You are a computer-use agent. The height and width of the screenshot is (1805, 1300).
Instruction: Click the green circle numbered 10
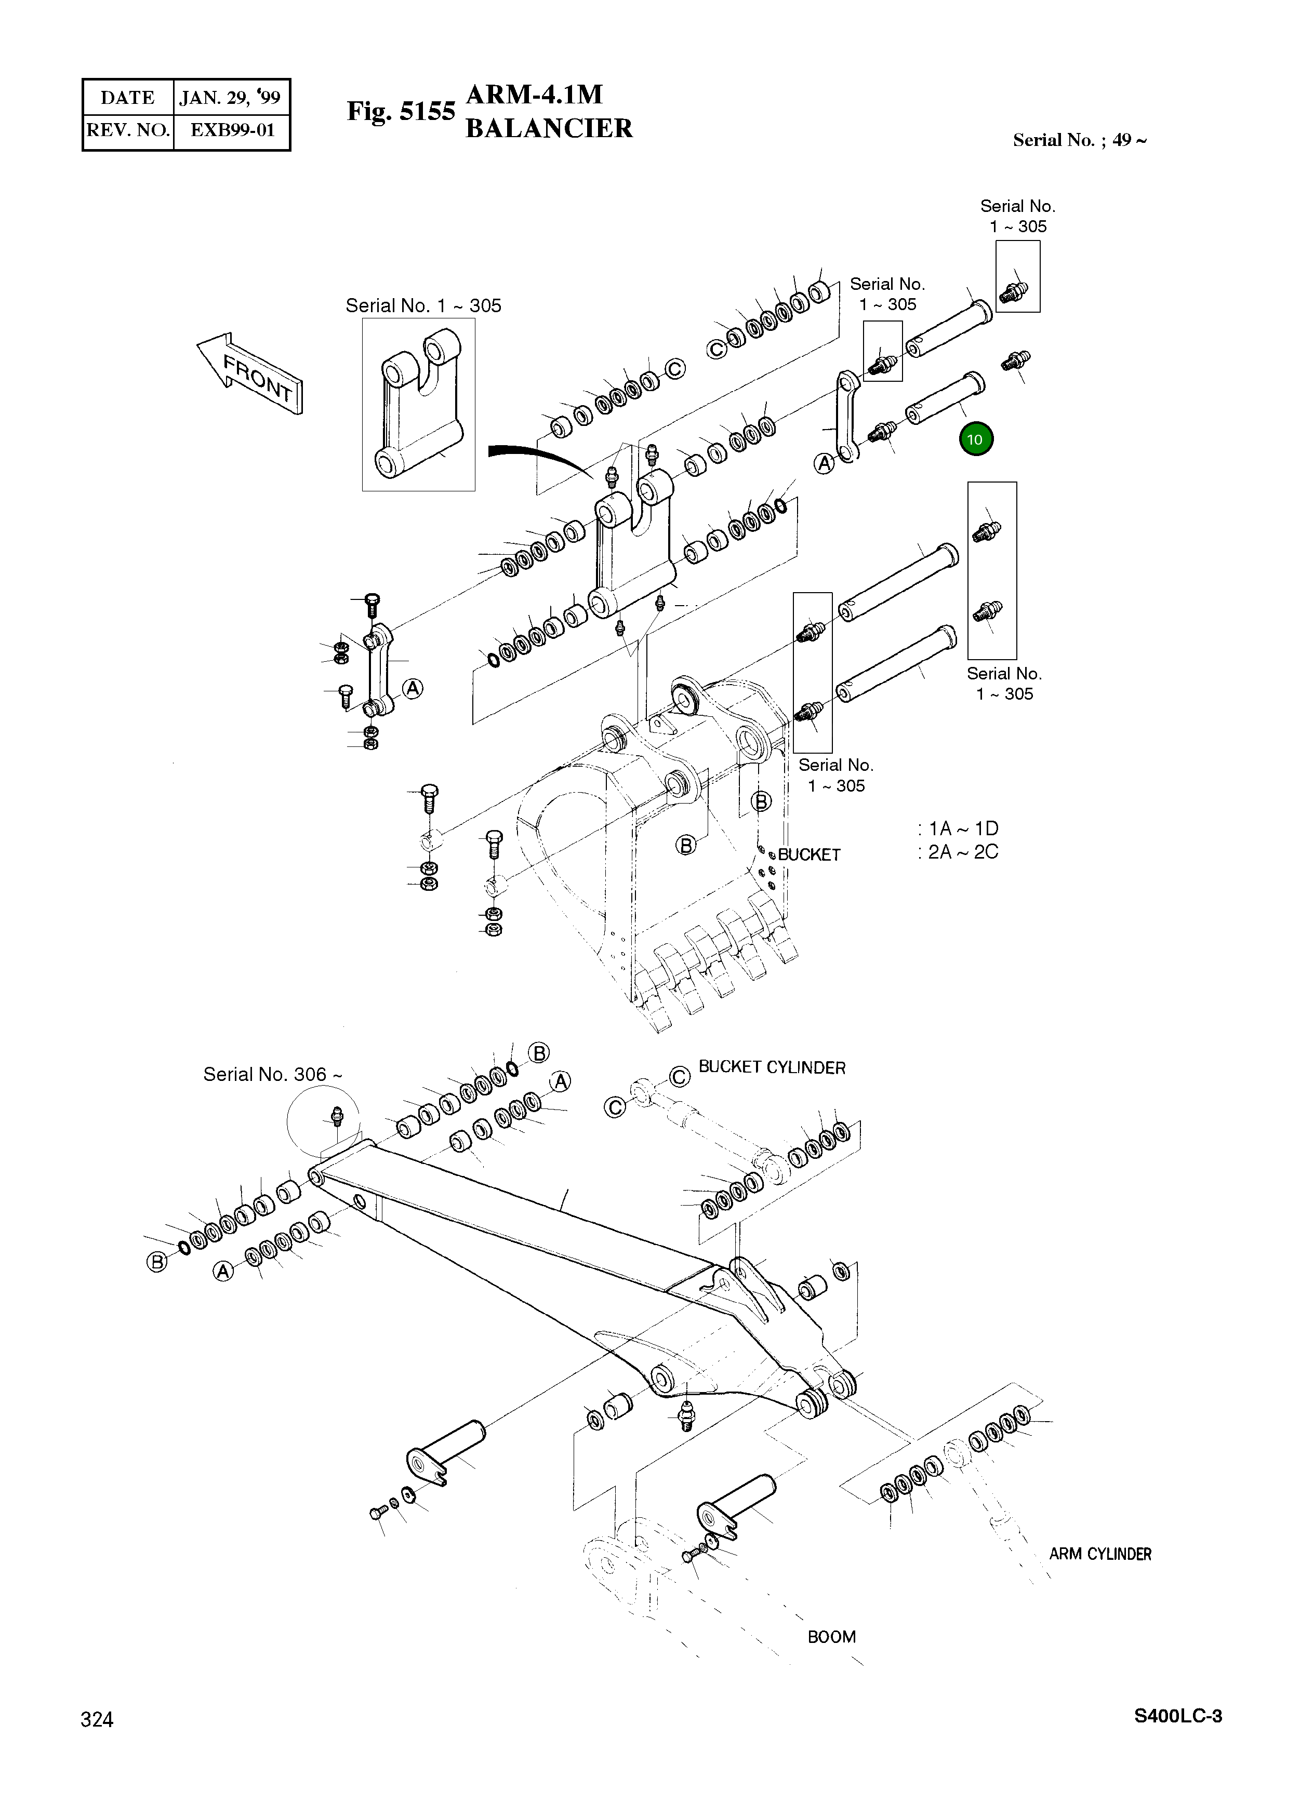pyautogui.click(x=975, y=439)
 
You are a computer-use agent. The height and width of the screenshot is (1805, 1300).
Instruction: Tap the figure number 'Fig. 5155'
pyautogui.click(x=401, y=112)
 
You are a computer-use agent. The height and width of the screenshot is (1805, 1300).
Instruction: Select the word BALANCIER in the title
pyautogui.click(x=549, y=128)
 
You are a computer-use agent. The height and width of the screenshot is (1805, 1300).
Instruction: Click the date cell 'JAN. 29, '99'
pyautogui.click(x=230, y=98)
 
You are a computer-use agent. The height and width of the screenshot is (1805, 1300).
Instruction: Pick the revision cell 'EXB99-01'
pyautogui.click(x=232, y=130)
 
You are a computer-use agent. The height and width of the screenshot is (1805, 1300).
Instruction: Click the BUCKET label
pyautogui.click(x=809, y=855)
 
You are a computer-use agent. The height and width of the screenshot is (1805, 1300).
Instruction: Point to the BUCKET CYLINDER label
pyautogui.click(x=772, y=1067)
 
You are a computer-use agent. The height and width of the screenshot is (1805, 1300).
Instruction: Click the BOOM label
pyautogui.click(x=831, y=1637)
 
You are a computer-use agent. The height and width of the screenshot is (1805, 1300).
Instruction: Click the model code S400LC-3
pyautogui.click(x=1177, y=1716)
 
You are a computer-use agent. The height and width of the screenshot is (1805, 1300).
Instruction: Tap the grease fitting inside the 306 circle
pyautogui.click(x=336, y=1115)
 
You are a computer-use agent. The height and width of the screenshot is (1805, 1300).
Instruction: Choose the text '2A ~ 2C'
pyautogui.click(x=962, y=852)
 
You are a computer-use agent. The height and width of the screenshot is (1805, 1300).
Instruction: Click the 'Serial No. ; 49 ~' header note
pyautogui.click(x=1080, y=140)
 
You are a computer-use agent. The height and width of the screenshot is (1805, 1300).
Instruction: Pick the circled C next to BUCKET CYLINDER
pyautogui.click(x=679, y=1076)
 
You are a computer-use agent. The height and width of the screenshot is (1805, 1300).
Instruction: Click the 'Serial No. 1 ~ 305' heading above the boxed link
pyautogui.click(x=423, y=305)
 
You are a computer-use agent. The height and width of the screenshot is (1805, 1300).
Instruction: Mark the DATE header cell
pyautogui.click(x=127, y=98)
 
